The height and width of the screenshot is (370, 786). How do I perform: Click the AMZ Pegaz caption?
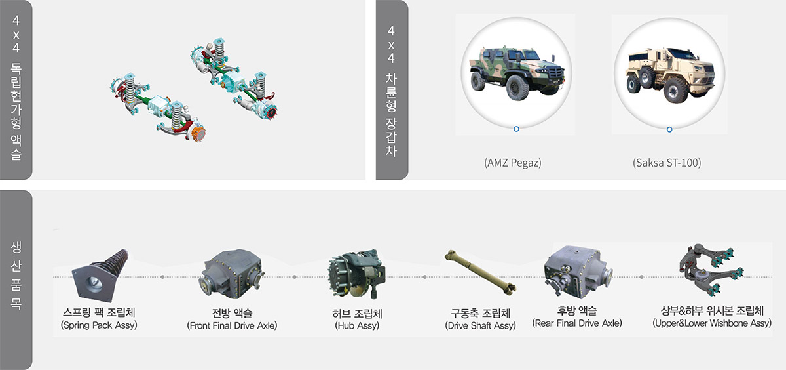point(513,163)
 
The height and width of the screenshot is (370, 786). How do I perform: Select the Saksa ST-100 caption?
point(667,163)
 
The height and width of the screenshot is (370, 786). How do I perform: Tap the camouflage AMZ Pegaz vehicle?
point(517,73)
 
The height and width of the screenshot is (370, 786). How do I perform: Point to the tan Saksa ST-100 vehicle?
point(670,75)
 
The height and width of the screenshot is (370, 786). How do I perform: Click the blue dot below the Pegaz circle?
point(516,129)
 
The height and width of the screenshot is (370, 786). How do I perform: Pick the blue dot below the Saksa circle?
point(669,129)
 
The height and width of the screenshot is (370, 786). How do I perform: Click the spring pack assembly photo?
point(100,275)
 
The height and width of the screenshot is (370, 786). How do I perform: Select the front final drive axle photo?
point(232,274)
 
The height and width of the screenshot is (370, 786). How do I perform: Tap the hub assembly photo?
point(357,274)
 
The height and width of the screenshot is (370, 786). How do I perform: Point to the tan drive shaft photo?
point(480,272)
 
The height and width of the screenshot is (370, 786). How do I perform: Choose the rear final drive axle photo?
point(578,272)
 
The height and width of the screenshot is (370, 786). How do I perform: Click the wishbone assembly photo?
point(711,270)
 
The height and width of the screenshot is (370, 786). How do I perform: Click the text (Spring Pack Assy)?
point(99,325)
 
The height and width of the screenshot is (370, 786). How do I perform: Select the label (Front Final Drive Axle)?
point(232,326)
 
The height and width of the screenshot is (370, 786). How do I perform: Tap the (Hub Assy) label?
point(357,326)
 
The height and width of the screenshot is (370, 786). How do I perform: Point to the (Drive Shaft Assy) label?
point(480,326)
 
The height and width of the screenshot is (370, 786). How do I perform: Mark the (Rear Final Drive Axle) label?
point(577,323)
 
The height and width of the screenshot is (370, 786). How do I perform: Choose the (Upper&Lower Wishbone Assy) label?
point(712,323)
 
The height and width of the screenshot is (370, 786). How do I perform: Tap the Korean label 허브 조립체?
point(357,313)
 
